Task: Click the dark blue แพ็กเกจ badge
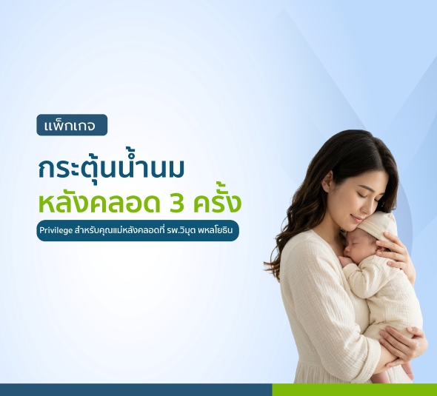click(x=72, y=125)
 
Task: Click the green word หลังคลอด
click(x=99, y=202)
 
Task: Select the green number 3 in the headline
click(x=176, y=204)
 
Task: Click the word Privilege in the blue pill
click(x=56, y=231)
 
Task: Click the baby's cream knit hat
click(x=378, y=226)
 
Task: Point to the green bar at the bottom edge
click(x=355, y=389)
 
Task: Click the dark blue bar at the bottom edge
click(x=136, y=389)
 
